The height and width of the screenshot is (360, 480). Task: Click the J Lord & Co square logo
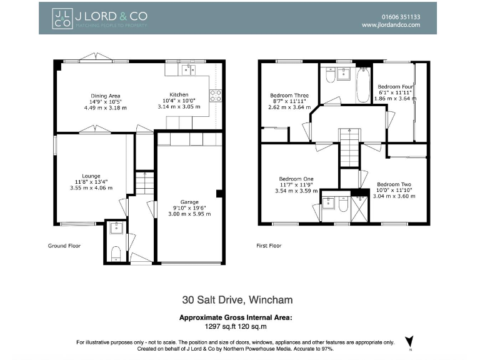pyautogui.click(x=61, y=17)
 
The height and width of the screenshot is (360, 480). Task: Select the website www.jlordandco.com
pyautogui.click(x=391, y=25)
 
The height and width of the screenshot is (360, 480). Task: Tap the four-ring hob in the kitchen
pyautogui.click(x=216, y=96)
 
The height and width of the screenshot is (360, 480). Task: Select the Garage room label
pyautogui.click(x=189, y=202)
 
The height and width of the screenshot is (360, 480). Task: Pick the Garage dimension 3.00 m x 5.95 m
pyautogui.click(x=189, y=214)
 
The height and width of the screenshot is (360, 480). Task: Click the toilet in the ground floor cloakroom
pyautogui.click(x=114, y=254)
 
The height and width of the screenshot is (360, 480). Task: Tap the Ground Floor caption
pyautogui.click(x=64, y=246)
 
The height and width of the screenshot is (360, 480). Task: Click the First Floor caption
pyautogui.click(x=269, y=246)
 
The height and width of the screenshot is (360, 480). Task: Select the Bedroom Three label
pyautogui.click(x=289, y=96)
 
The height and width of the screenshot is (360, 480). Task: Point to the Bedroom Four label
pyautogui.click(x=393, y=86)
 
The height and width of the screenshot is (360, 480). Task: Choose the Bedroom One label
pyautogui.click(x=296, y=179)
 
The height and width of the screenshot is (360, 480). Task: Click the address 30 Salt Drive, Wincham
pyautogui.click(x=237, y=300)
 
